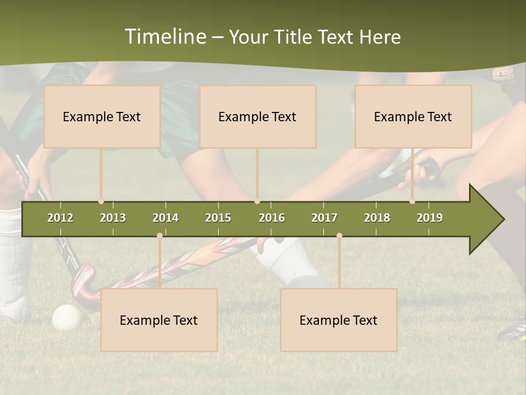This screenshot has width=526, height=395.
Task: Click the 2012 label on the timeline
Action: click(60, 218)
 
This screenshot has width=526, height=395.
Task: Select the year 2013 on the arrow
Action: click(113, 218)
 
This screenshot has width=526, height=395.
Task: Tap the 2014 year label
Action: click(165, 218)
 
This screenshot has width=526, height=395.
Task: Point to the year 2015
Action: click(218, 218)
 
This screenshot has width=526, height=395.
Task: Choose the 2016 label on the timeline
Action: click(272, 218)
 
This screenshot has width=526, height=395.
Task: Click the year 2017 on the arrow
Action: click(324, 218)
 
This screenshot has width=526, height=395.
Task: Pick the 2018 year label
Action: click(377, 218)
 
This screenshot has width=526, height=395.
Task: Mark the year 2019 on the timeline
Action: click(430, 218)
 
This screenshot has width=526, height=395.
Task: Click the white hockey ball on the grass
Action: click(66, 317)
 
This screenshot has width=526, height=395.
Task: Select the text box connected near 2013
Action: click(102, 117)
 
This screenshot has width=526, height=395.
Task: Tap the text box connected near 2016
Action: click(258, 117)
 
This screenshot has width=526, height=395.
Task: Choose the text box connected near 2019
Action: click(413, 117)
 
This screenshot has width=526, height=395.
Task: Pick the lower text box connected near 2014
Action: click(159, 320)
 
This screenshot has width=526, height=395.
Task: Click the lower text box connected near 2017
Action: click(339, 320)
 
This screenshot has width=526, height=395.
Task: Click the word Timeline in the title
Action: click(165, 37)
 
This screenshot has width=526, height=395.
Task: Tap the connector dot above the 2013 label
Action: click(101, 201)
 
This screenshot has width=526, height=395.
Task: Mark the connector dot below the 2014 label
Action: click(159, 236)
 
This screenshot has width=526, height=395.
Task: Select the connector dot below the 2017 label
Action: click(339, 236)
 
